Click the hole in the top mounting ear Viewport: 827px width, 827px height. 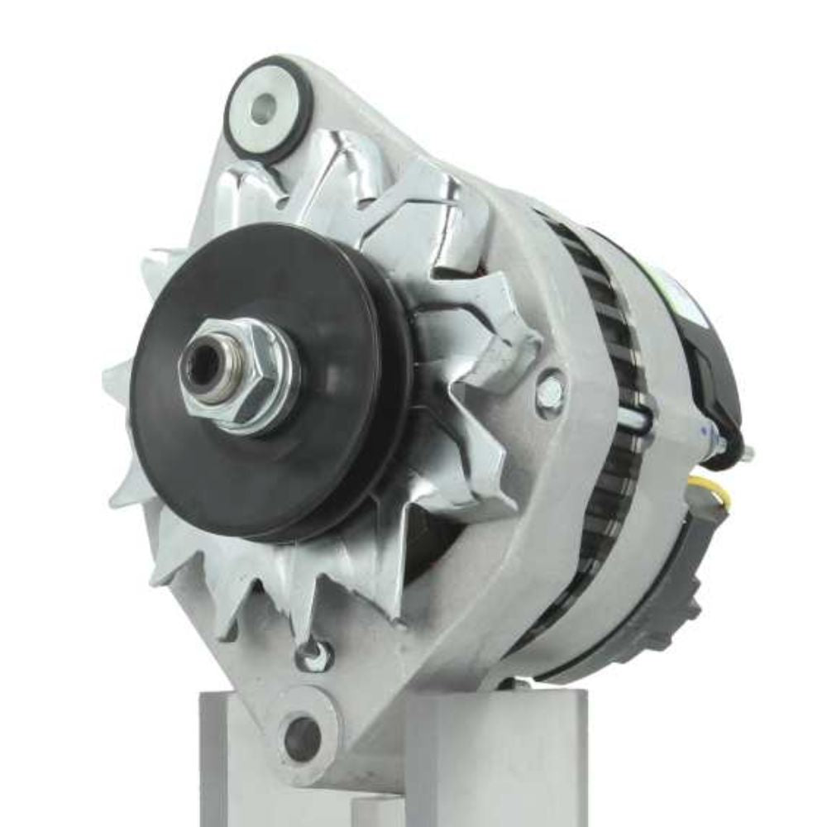point(263,108)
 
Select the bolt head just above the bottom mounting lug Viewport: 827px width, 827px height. point(314,655)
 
